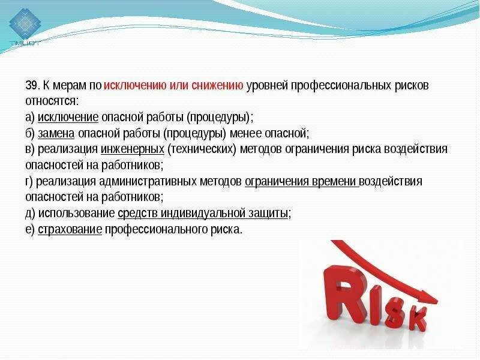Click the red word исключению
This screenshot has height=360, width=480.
pos(134,85)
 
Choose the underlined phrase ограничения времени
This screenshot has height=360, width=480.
pos(302,181)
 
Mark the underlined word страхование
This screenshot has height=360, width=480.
pos(70,230)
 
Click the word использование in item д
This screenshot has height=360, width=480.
pos(76,214)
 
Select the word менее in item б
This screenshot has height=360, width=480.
pos(262,133)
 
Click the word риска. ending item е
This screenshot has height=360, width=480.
pos(229,230)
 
